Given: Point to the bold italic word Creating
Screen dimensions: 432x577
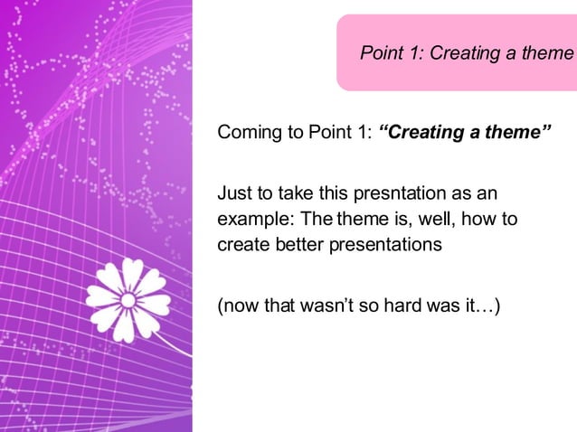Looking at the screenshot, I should pyautogui.click(x=421, y=135).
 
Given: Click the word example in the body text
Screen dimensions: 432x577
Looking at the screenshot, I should pyautogui.click(x=249, y=220).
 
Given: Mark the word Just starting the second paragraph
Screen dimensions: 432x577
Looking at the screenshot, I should pyautogui.click(x=233, y=194).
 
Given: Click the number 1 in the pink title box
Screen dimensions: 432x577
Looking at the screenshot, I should pyautogui.click(x=411, y=53).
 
